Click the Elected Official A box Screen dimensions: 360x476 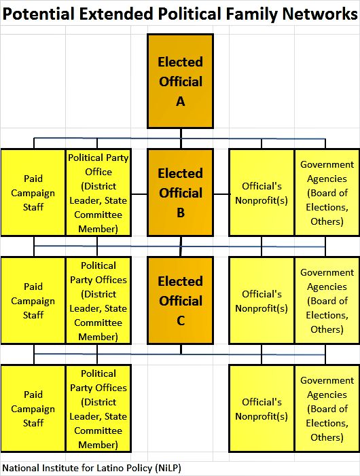point(180,81)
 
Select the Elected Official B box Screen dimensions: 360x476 point(180,192)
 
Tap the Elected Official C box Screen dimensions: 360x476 point(180,300)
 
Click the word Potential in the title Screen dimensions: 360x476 point(38,14)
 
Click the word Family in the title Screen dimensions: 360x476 point(251,14)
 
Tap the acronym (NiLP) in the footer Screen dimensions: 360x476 point(168,468)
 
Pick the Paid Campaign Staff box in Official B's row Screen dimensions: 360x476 point(33,192)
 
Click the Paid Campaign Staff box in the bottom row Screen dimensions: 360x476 point(33,408)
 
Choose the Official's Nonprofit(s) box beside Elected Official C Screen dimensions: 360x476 point(262,301)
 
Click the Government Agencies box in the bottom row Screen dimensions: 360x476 point(327,408)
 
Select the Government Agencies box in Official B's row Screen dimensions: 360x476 point(327,192)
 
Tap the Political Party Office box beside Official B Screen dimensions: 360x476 point(98,192)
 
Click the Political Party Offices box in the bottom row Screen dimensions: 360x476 point(98,408)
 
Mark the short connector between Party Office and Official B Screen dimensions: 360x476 point(139,194)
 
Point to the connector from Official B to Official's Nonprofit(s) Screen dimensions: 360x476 point(221,194)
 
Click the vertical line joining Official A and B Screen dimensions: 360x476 point(181,139)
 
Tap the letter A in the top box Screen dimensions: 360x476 point(180,101)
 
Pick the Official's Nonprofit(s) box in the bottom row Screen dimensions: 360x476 point(262,408)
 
